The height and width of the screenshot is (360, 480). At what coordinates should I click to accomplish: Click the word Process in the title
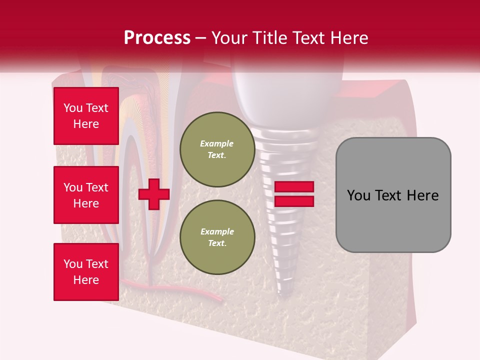pyautogui.click(x=157, y=38)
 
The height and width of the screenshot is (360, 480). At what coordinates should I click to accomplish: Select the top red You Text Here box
pyautogui.click(x=86, y=116)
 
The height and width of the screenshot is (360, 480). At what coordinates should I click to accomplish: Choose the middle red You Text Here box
pyautogui.click(x=86, y=195)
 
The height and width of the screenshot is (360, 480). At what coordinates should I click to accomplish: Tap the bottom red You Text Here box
pyautogui.click(x=86, y=271)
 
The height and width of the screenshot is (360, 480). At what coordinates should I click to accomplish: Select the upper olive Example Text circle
pyautogui.click(x=217, y=149)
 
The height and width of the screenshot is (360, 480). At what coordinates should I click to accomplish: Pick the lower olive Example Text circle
pyautogui.click(x=217, y=237)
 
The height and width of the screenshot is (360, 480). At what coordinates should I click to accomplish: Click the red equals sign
pyautogui.click(x=294, y=194)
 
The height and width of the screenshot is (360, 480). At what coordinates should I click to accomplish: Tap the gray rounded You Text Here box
pyautogui.click(x=393, y=195)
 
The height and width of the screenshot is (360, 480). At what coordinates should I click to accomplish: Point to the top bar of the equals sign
pyautogui.click(x=294, y=186)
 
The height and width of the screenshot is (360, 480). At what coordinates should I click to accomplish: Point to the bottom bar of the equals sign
pyautogui.click(x=294, y=201)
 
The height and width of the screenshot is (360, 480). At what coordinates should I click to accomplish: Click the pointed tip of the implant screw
pyautogui.click(x=284, y=295)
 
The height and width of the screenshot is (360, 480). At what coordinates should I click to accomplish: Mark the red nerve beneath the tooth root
pyautogui.click(x=200, y=292)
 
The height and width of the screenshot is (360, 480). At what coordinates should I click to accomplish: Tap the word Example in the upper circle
pyautogui.click(x=217, y=143)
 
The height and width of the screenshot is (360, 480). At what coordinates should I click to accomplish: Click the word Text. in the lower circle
pyautogui.click(x=217, y=243)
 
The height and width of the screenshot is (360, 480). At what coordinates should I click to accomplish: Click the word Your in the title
pyautogui.click(x=229, y=38)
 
